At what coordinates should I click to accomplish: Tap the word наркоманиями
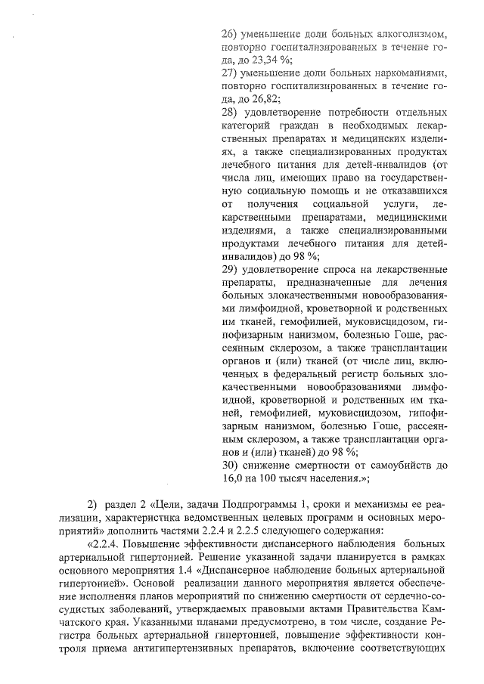(409, 73)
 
